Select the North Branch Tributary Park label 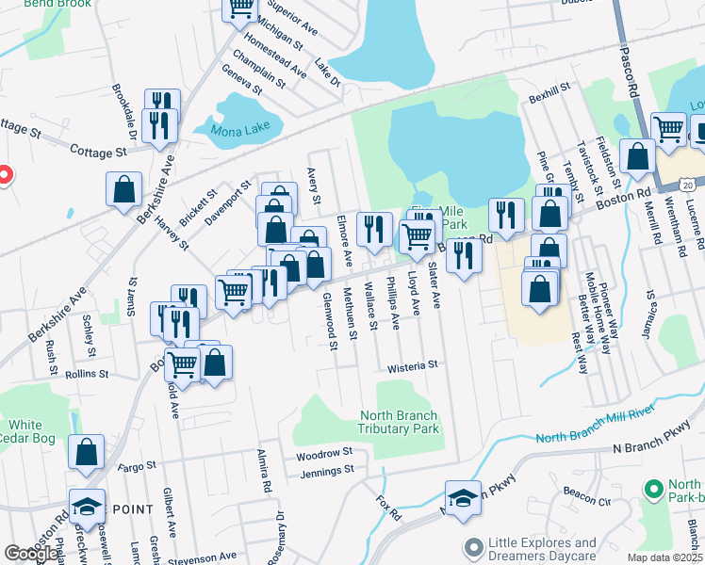[400, 422]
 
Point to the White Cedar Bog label [27, 431]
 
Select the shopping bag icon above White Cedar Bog [87, 452]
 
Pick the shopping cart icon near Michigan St [240, 8]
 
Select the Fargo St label [137, 466]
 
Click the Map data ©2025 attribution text [664, 557]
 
